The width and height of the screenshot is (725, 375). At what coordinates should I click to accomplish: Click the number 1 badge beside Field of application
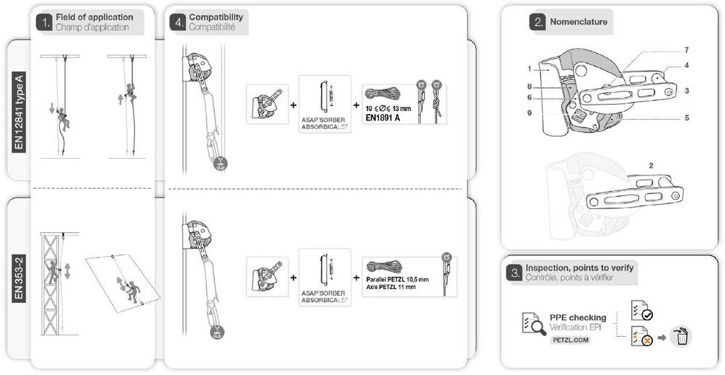click(45, 22)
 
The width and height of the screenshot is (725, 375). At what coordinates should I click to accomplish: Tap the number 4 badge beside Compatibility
click(178, 22)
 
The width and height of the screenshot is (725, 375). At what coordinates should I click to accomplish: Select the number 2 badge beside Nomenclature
click(537, 22)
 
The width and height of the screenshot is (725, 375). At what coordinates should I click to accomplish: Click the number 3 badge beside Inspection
click(514, 273)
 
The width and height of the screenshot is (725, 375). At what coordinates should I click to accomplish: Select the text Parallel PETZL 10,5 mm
click(397, 279)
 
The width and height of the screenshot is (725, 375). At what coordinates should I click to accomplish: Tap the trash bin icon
click(680, 336)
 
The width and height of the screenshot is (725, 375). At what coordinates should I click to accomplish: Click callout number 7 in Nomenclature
click(686, 50)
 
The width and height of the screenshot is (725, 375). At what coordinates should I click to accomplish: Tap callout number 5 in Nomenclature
click(686, 118)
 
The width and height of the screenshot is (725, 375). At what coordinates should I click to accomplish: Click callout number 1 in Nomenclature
click(529, 69)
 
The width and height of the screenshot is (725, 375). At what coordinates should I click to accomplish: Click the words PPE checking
click(578, 317)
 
